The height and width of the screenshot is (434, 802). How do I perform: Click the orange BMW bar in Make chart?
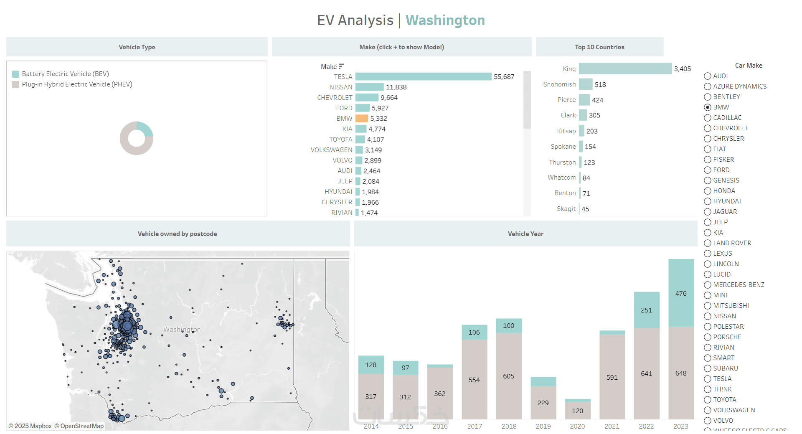(362, 119)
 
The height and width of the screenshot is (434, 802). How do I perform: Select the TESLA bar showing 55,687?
(423, 77)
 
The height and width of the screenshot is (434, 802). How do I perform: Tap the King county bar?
(625, 69)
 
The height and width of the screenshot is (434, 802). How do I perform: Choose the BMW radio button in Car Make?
(708, 107)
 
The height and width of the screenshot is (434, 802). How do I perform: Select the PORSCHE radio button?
(708, 337)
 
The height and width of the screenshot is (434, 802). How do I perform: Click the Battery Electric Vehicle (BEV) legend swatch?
(16, 74)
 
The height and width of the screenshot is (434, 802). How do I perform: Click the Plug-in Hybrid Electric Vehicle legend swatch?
(16, 84)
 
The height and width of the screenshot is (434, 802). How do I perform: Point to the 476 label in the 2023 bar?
(681, 294)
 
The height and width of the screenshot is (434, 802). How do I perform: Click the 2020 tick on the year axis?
(577, 426)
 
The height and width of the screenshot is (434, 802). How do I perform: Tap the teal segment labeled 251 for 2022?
(646, 310)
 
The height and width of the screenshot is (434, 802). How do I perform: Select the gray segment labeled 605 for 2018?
(509, 376)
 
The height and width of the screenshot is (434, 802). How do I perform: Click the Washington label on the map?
(182, 330)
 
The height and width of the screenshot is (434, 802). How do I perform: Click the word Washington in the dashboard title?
(445, 20)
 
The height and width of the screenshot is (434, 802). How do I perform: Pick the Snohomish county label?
(559, 84)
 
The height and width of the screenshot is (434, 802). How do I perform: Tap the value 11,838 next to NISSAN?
(396, 87)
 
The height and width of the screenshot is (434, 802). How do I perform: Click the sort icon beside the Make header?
(341, 66)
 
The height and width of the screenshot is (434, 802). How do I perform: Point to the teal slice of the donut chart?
(146, 128)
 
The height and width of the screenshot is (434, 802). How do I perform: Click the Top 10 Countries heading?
(599, 47)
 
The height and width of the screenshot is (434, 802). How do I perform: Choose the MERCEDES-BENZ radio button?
(708, 285)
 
